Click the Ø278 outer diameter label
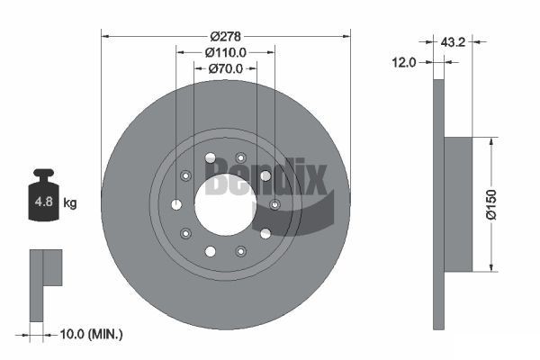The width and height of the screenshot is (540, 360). coord(225,36)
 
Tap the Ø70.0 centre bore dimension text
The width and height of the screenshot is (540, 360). coord(225,68)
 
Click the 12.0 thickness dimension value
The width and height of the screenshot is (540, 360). coord(404,62)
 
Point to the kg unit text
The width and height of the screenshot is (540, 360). coord(70,203)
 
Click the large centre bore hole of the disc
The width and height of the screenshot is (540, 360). coord(225,202)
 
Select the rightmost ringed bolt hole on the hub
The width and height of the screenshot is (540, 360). coord(274,204)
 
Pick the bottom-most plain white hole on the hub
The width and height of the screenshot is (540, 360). coord(209,251)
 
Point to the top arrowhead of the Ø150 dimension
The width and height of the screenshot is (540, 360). coord(491,141)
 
